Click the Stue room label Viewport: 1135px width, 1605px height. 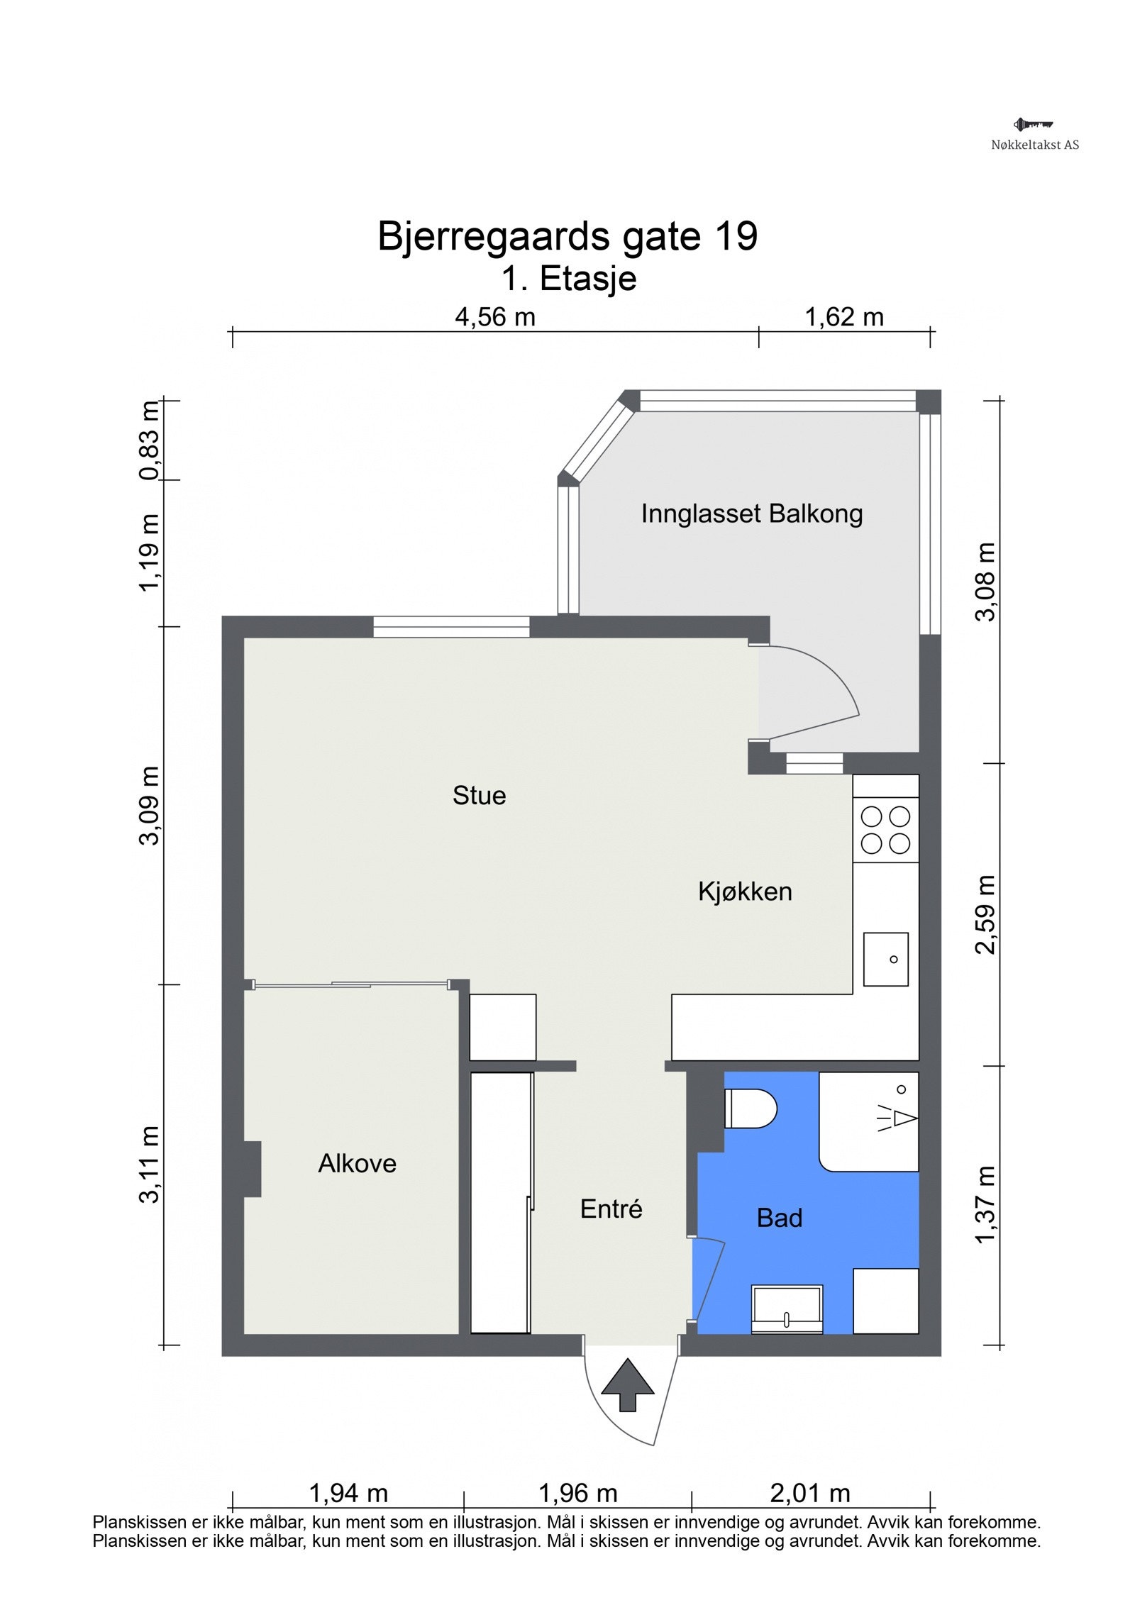(x=479, y=795)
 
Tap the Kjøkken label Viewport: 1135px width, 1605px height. (x=744, y=892)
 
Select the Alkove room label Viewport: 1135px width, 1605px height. (x=357, y=1163)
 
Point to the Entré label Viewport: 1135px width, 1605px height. (x=611, y=1209)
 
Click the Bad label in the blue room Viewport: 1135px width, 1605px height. (x=779, y=1218)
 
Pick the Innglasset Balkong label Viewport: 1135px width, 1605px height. (x=751, y=513)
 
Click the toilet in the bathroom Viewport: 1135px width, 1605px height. (x=750, y=1108)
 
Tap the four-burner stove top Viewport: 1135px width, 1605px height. (x=885, y=830)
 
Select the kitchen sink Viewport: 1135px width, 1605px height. (x=885, y=959)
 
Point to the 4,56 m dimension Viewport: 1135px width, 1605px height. (x=494, y=317)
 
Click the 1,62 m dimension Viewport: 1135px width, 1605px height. (x=843, y=317)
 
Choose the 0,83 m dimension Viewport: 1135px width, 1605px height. (x=150, y=440)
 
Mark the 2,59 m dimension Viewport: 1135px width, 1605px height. (x=985, y=915)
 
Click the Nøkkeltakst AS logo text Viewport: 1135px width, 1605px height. (x=1034, y=145)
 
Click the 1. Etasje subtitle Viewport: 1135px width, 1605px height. (x=569, y=278)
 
